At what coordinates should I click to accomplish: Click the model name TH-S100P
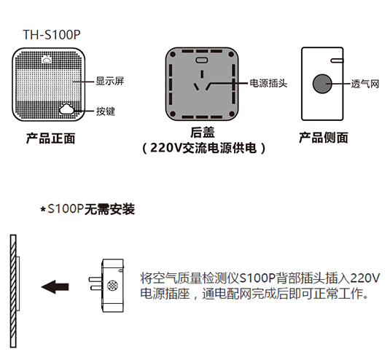coord(52,35)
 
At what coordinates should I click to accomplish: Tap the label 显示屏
coord(110,81)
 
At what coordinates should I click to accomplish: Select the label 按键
coord(106,111)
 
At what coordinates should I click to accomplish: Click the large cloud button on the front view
coord(67,109)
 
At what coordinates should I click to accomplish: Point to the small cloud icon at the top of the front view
coord(47,60)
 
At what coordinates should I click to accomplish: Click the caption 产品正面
coord(51,138)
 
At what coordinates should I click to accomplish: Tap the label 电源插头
coord(268,83)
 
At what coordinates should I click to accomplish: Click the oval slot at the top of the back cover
coord(202,60)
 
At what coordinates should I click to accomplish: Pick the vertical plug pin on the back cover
coord(202,74)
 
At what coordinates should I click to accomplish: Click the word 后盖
coord(203,132)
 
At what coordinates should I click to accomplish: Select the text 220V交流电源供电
coord(203,148)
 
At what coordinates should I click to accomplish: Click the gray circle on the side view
coord(322,84)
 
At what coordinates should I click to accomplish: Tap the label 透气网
coord(365,84)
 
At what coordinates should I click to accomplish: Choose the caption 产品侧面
coord(324,138)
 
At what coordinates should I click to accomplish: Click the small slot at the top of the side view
coord(337,60)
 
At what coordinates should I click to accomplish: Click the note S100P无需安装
coord(91,209)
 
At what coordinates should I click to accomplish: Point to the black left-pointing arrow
coord(55,286)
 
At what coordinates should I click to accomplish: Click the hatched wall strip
coord(13,291)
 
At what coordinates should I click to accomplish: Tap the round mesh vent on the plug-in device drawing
coord(112,286)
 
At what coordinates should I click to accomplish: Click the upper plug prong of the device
coord(95,279)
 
